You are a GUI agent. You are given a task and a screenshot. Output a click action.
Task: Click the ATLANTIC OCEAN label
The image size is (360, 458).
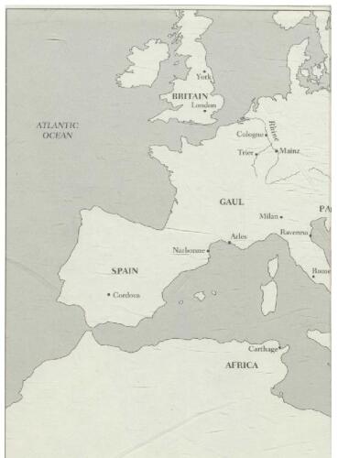coord(58,129)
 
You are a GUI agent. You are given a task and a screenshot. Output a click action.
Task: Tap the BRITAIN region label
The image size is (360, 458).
coord(190,94)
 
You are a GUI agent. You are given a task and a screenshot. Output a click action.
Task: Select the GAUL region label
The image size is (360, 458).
coord(231,201)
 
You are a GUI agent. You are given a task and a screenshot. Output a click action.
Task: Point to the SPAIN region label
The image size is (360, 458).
coord(125,270)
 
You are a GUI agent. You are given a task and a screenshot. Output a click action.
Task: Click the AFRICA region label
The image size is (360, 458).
coord(242,365)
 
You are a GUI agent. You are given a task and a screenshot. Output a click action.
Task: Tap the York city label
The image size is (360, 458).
coord(204,77)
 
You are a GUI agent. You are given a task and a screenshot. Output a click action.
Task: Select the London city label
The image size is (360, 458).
coord(204,104)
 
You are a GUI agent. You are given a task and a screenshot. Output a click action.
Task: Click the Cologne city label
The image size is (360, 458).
coord(250,134)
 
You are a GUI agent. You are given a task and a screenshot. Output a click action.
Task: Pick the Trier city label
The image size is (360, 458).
coord(245,152)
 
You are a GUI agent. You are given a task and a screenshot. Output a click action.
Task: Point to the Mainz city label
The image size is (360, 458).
coord(289,150)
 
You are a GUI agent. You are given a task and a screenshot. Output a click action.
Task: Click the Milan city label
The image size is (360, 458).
coord(268,216)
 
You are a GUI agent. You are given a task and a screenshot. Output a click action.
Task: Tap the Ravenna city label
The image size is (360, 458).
coord(294,233)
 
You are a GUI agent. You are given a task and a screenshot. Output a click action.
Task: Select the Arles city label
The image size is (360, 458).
coord(239,236)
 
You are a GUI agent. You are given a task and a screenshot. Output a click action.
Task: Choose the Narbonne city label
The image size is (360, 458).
coord(188,250)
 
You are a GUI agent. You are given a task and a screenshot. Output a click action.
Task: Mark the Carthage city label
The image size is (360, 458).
coord(263,349)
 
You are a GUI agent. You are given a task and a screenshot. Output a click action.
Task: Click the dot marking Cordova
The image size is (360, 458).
coord(109,294)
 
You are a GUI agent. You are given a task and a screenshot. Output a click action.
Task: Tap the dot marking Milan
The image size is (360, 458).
coord(281,217)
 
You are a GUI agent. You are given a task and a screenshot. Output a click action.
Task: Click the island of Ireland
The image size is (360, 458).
coord(142,63)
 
